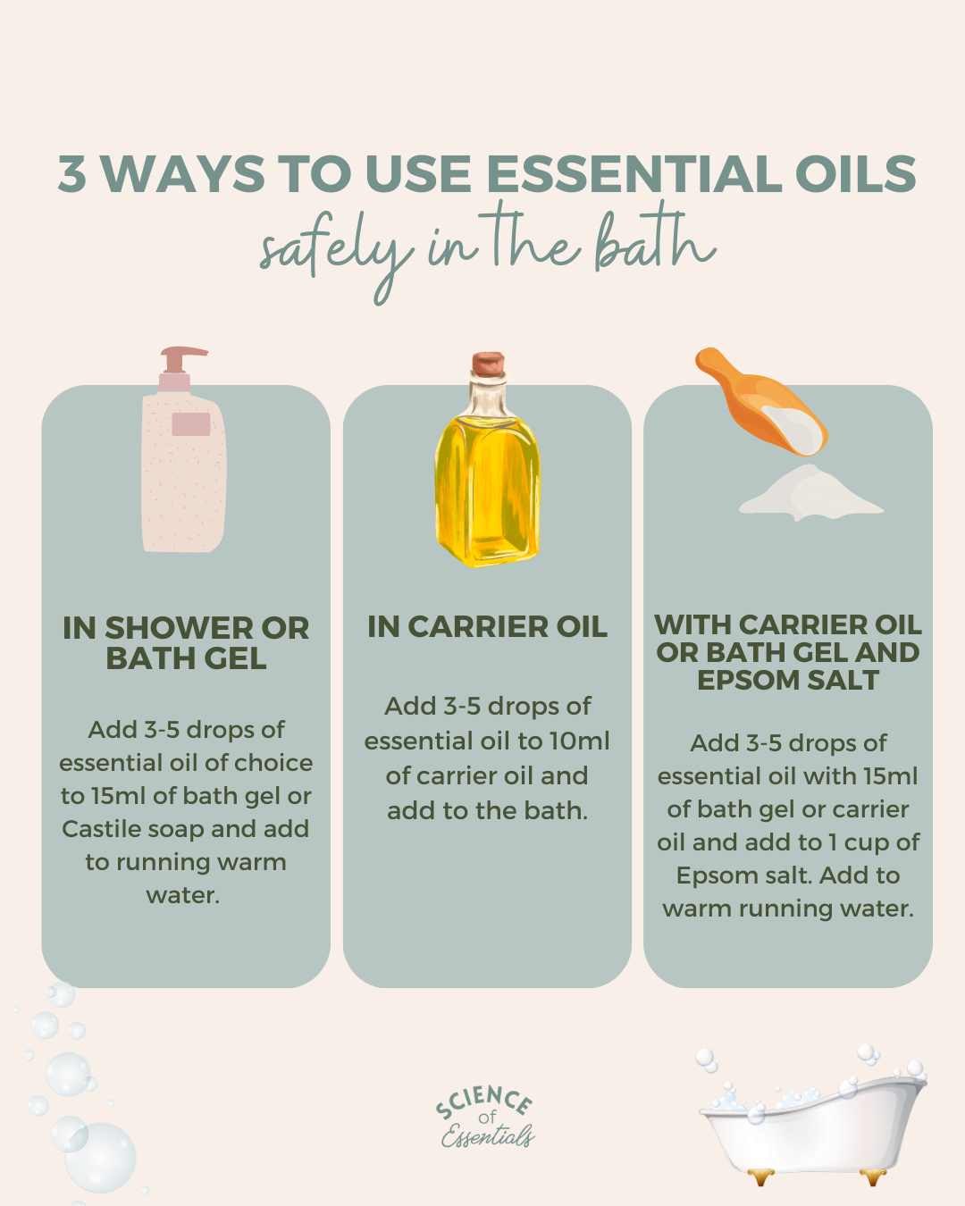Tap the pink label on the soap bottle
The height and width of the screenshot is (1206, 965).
click(190, 424)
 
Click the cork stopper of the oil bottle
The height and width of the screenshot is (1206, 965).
click(488, 364)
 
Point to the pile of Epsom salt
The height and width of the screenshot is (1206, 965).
click(809, 495)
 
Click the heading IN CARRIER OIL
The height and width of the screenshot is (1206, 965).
click(487, 627)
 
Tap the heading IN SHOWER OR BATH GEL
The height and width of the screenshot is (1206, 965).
click(186, 643)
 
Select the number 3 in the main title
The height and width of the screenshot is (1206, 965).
click(72, 174)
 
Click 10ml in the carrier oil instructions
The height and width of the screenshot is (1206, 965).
click(579, 741)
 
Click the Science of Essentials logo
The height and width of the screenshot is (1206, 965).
click(486, 1118)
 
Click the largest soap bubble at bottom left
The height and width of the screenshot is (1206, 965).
click(100, 1158)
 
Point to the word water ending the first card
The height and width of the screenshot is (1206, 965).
click(183, 895)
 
